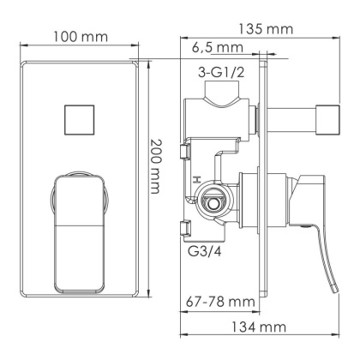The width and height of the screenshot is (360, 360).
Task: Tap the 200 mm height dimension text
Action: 156,166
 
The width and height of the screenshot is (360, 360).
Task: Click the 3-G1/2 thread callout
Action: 222,72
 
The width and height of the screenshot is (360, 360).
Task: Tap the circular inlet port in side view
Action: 213,205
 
